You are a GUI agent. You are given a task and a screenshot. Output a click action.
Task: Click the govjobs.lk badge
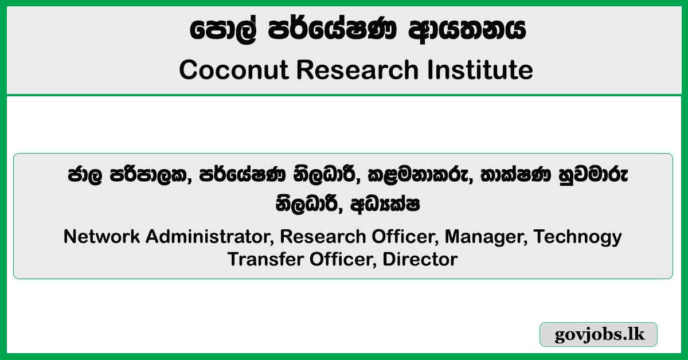pyautogui.click(x=599, y=335)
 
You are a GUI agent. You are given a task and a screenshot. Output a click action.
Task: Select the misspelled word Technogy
pyautogui.click(x=578, y=236)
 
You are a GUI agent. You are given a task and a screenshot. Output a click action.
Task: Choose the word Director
pyautogui.click(x=420, y=259)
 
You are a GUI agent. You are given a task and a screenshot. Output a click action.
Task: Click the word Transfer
pyautogui.click(x=265, y=259)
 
